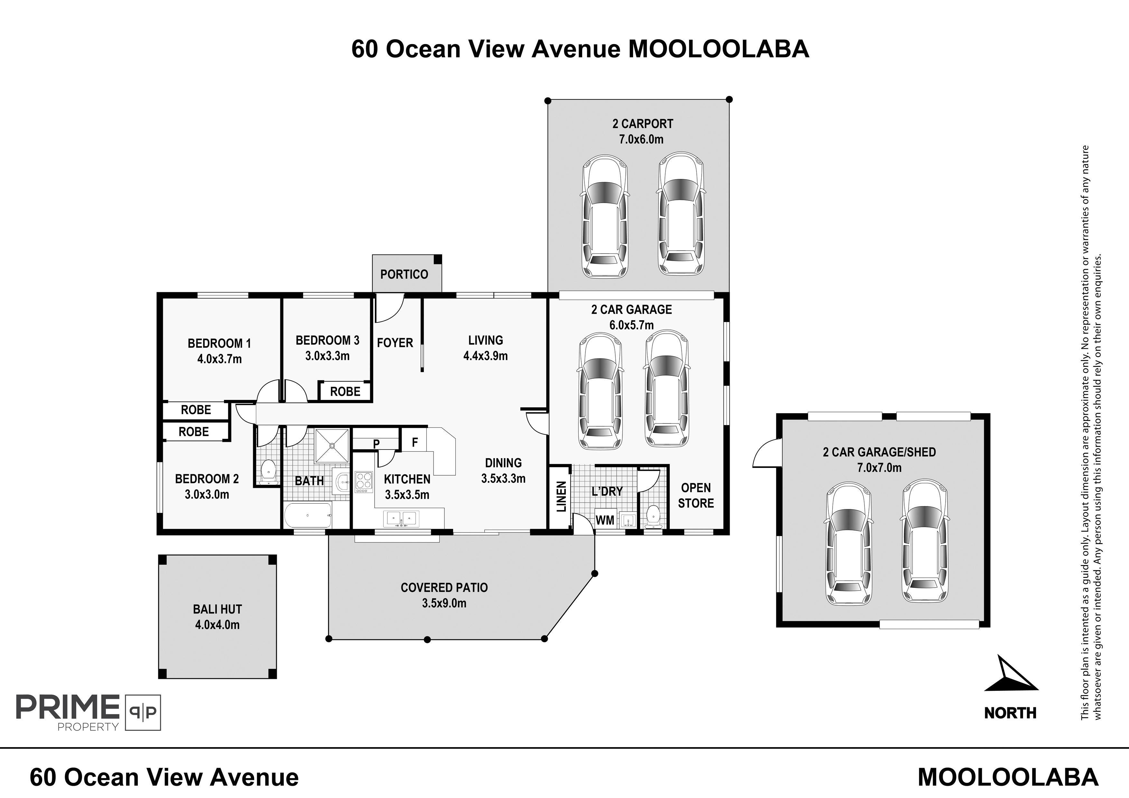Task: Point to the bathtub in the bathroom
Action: (308, 515)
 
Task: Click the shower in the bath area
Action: (332, 445)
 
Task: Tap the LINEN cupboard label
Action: (561, 496)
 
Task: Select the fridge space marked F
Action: (415, 442)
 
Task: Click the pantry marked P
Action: (376, 443)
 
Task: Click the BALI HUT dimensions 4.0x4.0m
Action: (217, 625)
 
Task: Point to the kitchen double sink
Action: (402, 518)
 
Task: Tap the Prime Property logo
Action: (89, 712)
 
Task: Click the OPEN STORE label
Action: (696, 495)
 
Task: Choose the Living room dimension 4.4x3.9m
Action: (485, 356)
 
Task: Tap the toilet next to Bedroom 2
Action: (268, 471)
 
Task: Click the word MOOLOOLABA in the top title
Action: (719, 49)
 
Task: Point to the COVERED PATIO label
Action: (444, 588)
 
